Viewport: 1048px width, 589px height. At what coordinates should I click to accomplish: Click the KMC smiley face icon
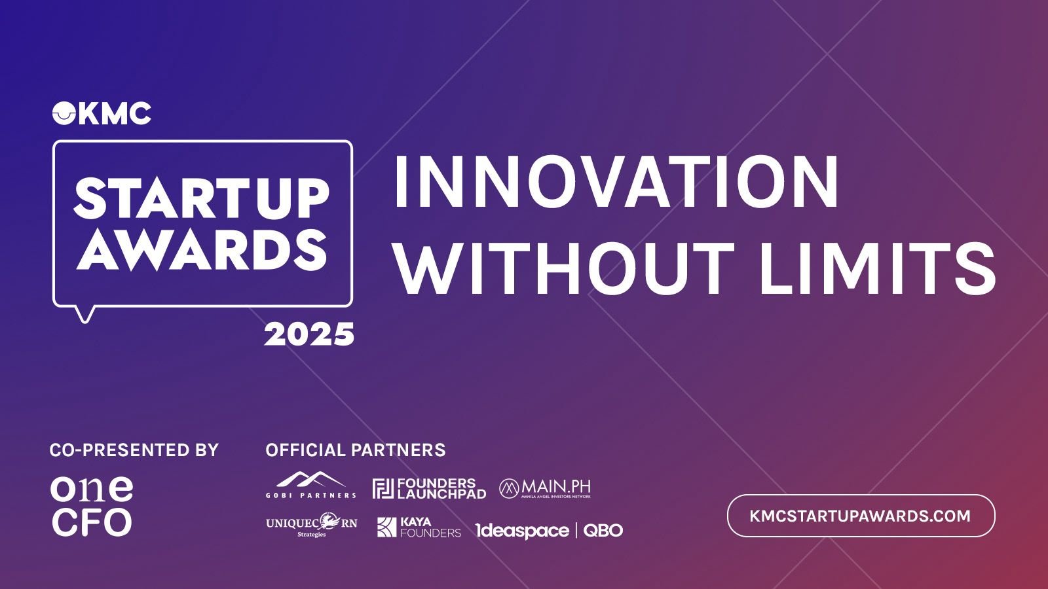(x=64, y=113)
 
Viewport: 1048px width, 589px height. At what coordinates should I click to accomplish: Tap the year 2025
(x=309, y=334)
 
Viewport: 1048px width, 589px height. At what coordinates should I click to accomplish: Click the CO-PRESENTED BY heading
(x=134, y=450)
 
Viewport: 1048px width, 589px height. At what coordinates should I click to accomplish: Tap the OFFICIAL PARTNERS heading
(x=356, y=450)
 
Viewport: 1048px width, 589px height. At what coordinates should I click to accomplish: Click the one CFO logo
(x=92, y=507)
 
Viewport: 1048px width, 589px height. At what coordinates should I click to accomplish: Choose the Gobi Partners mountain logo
(x=311, y=485)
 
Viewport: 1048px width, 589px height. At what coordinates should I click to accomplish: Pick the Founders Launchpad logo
(x=429, y=488)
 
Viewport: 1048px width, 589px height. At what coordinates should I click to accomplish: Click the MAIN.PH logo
(x=545, y=488)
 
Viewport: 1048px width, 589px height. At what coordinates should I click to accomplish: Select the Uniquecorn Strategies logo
(x=312, y=525)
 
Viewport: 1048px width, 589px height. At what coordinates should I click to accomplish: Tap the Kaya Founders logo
(x=419, y=527)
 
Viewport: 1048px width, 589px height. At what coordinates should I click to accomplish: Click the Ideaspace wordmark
(x=522, y=531)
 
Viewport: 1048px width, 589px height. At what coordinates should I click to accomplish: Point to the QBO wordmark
(x=603, y=530)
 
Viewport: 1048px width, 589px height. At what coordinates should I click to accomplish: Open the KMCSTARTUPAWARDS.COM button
(x=861, y=516)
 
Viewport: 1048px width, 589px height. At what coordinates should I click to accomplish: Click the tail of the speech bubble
(x=84, y=315)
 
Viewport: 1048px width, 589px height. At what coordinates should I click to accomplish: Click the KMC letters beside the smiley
(x=115, y=113)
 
